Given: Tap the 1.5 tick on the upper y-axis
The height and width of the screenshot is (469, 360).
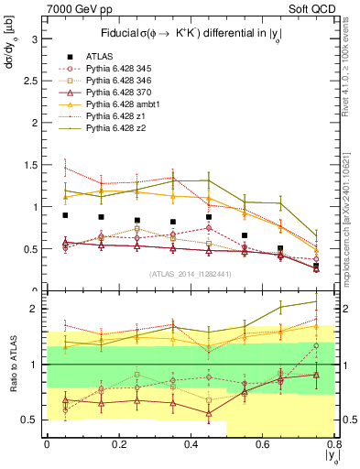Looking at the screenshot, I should (x=29, y=165).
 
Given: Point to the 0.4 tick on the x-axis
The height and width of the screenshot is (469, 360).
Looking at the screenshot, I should (x=191, y=442).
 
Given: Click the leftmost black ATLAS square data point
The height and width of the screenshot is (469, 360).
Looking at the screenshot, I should (x=65, y=215).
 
